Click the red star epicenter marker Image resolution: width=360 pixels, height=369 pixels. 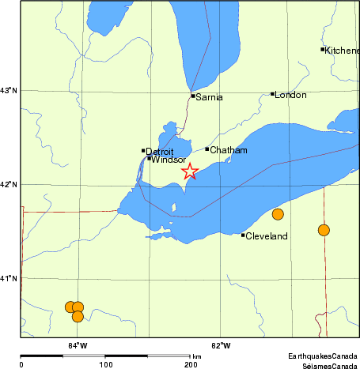[x=190, y=171]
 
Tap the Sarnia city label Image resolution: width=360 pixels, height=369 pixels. [x=210, y=97]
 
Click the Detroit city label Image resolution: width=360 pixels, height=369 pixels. [x=160, y=151]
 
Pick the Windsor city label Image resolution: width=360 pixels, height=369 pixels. [x=168, y=160]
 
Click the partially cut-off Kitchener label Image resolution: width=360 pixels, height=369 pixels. [x=342, y=50]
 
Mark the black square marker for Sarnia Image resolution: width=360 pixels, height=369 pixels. [x=193, y=96]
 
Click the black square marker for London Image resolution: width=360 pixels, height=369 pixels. [x=273, y=94]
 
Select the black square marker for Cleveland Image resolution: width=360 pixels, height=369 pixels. [x=243, y=235]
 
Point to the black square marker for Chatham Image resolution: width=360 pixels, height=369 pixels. [x=207, y=149]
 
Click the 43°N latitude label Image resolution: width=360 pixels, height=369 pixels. [x=9, y=91]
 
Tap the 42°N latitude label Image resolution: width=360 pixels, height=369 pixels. [x=9, y=185]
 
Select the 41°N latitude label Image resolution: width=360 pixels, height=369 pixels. [x=9, y=278]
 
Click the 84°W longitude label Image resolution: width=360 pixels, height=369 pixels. [x=77, y=345]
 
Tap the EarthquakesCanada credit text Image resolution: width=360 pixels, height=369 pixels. [x=322, y=356]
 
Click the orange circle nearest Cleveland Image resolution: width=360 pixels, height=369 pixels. [x=278, y=214]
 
